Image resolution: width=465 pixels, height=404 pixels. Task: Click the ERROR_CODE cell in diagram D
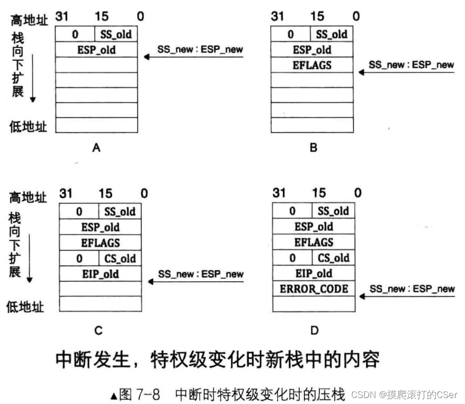point(314,289)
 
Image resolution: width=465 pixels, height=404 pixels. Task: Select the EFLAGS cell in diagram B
point(312,65)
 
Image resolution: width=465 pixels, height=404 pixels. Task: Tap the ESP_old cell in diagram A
point(96,50)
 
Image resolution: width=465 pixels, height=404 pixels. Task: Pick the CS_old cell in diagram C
point(120,258)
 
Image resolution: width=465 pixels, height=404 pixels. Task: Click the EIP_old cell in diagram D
point(314,273)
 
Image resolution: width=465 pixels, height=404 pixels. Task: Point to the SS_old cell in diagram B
point(332,34)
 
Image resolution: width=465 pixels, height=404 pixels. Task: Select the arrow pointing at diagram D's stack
point(407,297)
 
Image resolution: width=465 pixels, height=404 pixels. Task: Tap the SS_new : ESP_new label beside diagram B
point(411,65)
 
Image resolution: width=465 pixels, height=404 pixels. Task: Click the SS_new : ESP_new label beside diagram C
point(201,274)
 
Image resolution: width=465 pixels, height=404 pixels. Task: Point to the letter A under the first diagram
point(96,147)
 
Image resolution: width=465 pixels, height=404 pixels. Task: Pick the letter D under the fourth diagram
point(314,330)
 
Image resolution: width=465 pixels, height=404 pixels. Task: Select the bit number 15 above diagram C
point(105,193)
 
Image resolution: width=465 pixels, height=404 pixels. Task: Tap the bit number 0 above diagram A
point(141,16)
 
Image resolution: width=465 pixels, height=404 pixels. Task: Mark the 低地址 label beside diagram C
point(25,307)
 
